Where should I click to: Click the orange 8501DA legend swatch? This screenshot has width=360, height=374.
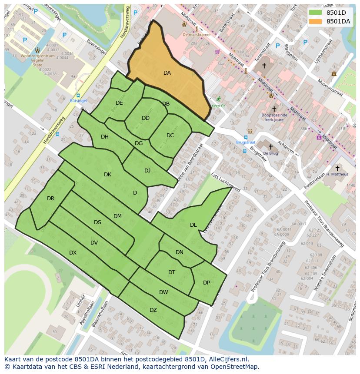pyautogui.click(x=316, y=21)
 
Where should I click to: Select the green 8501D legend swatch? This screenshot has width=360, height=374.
pyautogui.click(x=316, y=13)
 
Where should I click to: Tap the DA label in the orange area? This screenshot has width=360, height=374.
pyautogui.click(x=167, y=73)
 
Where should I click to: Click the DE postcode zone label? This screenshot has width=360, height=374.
pyautogui.click(x=119, y=103)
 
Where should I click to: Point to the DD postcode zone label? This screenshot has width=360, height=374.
pyautogui.click(x=146, y=118)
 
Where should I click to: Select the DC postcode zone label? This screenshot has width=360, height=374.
pyautogui.click(x=170, y=136)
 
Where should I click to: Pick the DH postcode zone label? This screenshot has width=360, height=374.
pyautogui.click(x=105, y=137)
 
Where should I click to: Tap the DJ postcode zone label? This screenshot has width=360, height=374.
pyautogui.click(x=147, y=171)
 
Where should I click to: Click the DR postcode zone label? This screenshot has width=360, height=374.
pyautogui.click(x=51, y=199)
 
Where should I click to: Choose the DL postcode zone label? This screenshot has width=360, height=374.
pyautogui.click(x=193, y=225)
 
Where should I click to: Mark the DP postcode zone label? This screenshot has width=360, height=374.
pyautogui.click(x=207, y=283)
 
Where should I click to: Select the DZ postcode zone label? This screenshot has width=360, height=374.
pyautogui.click(x=153, y=310)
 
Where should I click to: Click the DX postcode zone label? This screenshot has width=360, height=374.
pyautogui.click(x=73, y=253)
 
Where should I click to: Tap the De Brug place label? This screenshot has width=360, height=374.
pyautogui.click(x=270, y=153)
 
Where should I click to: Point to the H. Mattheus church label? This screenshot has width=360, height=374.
pyautogui.click(x=337, y=174)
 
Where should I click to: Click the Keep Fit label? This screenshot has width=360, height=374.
pyautogui.click(x=218, y=106)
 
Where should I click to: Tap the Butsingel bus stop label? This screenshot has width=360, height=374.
pyautogui.click(x=78, y=101)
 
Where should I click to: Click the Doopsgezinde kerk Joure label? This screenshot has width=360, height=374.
pyautogui.click(x=274, y=118)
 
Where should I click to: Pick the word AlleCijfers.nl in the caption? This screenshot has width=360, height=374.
pyautogui.click(x=228, y=359)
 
